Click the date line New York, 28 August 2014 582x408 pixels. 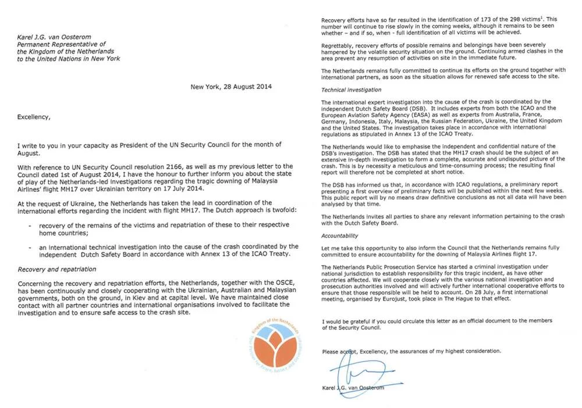231,87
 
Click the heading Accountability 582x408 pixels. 340,236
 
